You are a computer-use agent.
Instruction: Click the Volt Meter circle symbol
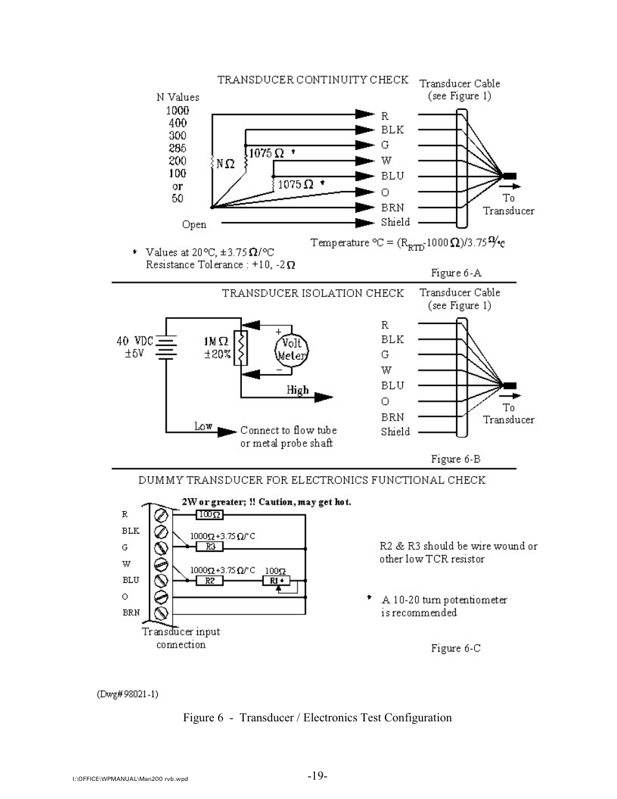pyautogui.click(x=292, y=350)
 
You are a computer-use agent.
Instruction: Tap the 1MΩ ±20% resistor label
pyautogui.click(x=217, y=347)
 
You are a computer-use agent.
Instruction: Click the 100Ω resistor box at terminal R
pyautogui.click(x=210, y=515)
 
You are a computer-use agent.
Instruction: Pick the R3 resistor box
pyautogui.click(x=210, y=547)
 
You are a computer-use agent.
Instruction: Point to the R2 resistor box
pyautogui.click(x=210, y=581)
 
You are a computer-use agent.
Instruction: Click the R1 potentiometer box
pyautogui.click(x=276, y=581)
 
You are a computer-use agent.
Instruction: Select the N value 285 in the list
pyautogui.click(x=177, y=148)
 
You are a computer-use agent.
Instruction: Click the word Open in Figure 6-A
pyautogui.click(x=194, y=224)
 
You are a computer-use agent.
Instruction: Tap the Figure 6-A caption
pyautogui.click(x=456, y=273)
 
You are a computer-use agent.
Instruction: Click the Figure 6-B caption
pyautogui.click(x=455, y=459)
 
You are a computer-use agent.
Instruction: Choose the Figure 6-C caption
pyautogui.click(x=455, y=648)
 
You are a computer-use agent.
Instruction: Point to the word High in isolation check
pyautogui.click(x=298, y=390)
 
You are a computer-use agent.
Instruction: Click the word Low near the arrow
pyautogui.click(x=203, y=426)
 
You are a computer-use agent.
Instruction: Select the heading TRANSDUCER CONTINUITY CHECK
pyautogui.click(x=312, y=80)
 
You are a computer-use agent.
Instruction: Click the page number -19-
pyautogui.click(x=317, y=776)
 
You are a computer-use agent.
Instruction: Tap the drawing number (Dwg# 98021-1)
pyautogui.click(x=127, y=694)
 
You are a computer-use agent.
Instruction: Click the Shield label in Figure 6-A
pyautogui.click(x=395, y=222)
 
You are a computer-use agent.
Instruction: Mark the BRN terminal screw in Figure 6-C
pyautogui.click(x=161, y=613)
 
